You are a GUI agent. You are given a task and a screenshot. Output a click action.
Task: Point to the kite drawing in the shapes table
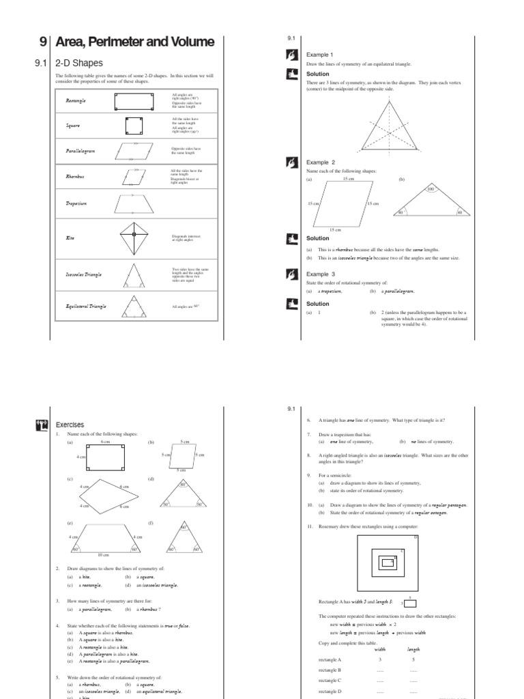(134, 238)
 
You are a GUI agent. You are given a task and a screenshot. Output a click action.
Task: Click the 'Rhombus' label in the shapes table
(75, 176)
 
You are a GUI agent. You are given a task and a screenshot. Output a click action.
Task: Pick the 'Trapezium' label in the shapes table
(76, 203)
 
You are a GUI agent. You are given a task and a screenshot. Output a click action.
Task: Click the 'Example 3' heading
(321, 274)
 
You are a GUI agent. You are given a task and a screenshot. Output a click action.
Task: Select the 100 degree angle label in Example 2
(431, 188)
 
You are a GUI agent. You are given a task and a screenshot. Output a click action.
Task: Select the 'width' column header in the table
(380, 649)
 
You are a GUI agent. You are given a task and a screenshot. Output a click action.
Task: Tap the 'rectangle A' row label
(330, 660)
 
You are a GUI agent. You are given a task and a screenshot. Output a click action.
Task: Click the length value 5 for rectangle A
(413, 660)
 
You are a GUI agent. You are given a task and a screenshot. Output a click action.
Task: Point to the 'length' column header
(413, 649)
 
